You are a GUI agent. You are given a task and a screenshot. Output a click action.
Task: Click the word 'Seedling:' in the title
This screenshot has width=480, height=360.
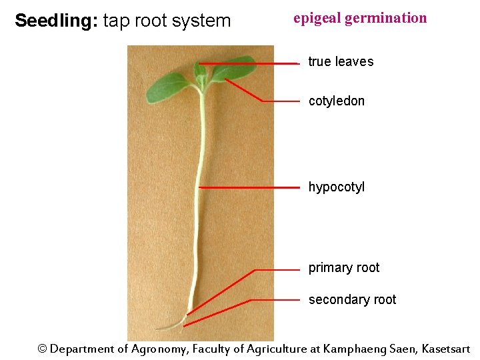coord(57,21)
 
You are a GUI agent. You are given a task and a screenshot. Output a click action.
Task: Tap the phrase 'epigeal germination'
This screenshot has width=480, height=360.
coord(360,18)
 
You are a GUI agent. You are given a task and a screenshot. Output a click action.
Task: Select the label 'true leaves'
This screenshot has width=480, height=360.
coord(341,61)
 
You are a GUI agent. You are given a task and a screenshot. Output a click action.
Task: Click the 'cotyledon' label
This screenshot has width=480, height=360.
coord(337,101)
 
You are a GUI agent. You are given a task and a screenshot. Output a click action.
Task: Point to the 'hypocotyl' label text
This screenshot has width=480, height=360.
coord(337,187)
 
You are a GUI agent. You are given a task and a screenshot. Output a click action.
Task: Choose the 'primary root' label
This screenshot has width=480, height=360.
coord(344,268)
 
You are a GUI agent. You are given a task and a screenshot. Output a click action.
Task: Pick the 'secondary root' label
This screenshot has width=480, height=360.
coord(352,300)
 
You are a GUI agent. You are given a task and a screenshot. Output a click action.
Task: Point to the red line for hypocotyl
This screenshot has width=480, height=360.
coord(250,188)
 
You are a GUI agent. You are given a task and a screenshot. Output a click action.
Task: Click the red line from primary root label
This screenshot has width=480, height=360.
coord(277,270)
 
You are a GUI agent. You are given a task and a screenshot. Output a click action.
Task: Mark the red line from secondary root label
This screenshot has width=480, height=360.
coord(273,301)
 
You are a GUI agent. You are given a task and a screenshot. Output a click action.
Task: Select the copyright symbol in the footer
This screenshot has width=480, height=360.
coord(43,349)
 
